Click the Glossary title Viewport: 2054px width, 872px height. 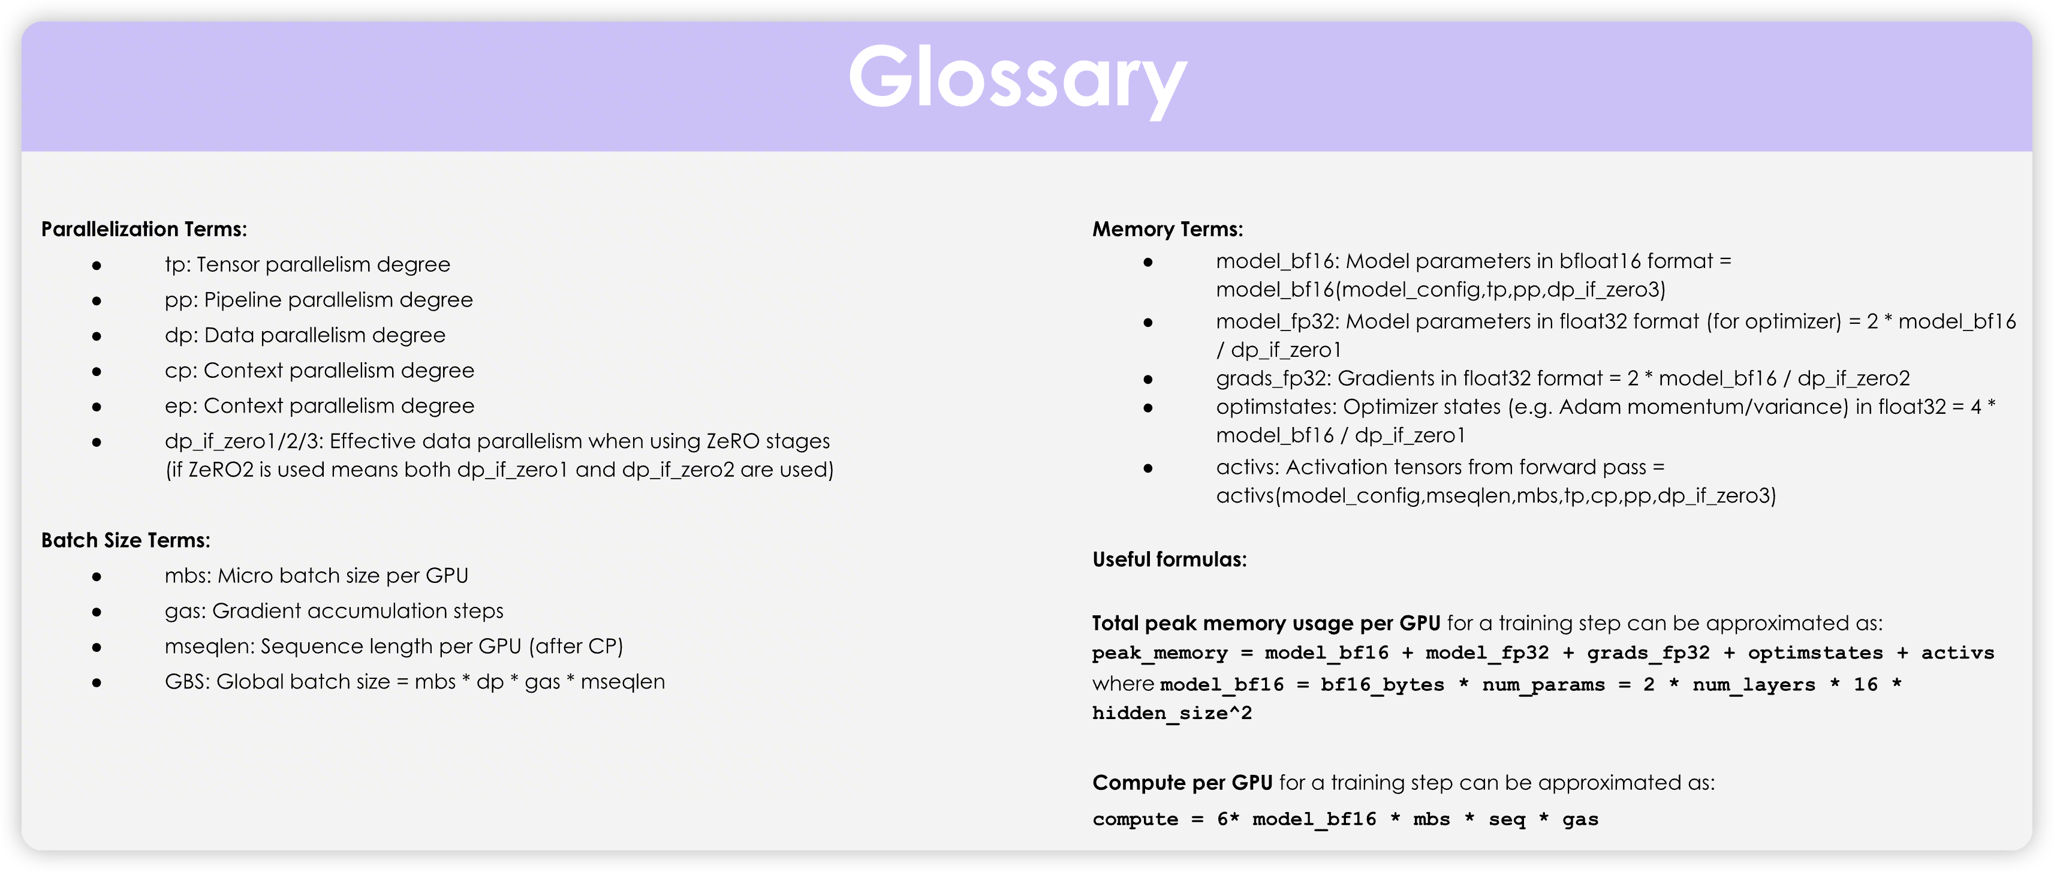click(x=1017, y=80)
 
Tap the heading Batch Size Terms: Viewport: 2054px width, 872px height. click(x=126, y=540)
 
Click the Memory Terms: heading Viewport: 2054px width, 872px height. click(x=1167, y=230)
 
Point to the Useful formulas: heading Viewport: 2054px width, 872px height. click(x=1170, y=560)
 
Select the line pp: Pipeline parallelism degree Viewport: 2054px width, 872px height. click(x=319, y=300)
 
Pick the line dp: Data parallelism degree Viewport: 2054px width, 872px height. click(x=305, y=335)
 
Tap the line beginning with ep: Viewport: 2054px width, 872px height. click(x=320, y=406)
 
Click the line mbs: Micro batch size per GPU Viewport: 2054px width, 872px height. click(x=317, y=576)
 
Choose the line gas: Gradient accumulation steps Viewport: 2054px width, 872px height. click(x=334, y=611)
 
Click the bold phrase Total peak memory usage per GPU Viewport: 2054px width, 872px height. click(x=1266, y=623)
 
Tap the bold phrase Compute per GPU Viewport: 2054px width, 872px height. click(x=1182, y=783)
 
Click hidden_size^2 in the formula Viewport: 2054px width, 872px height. click(x=1172, y=713)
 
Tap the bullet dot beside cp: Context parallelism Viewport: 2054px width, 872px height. click(x=97, y=372)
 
